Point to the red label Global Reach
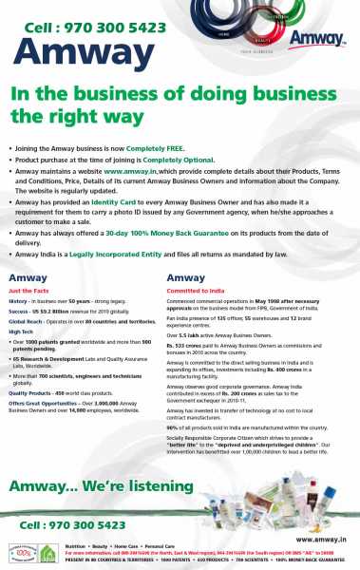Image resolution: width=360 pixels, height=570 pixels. tap(24, 321)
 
